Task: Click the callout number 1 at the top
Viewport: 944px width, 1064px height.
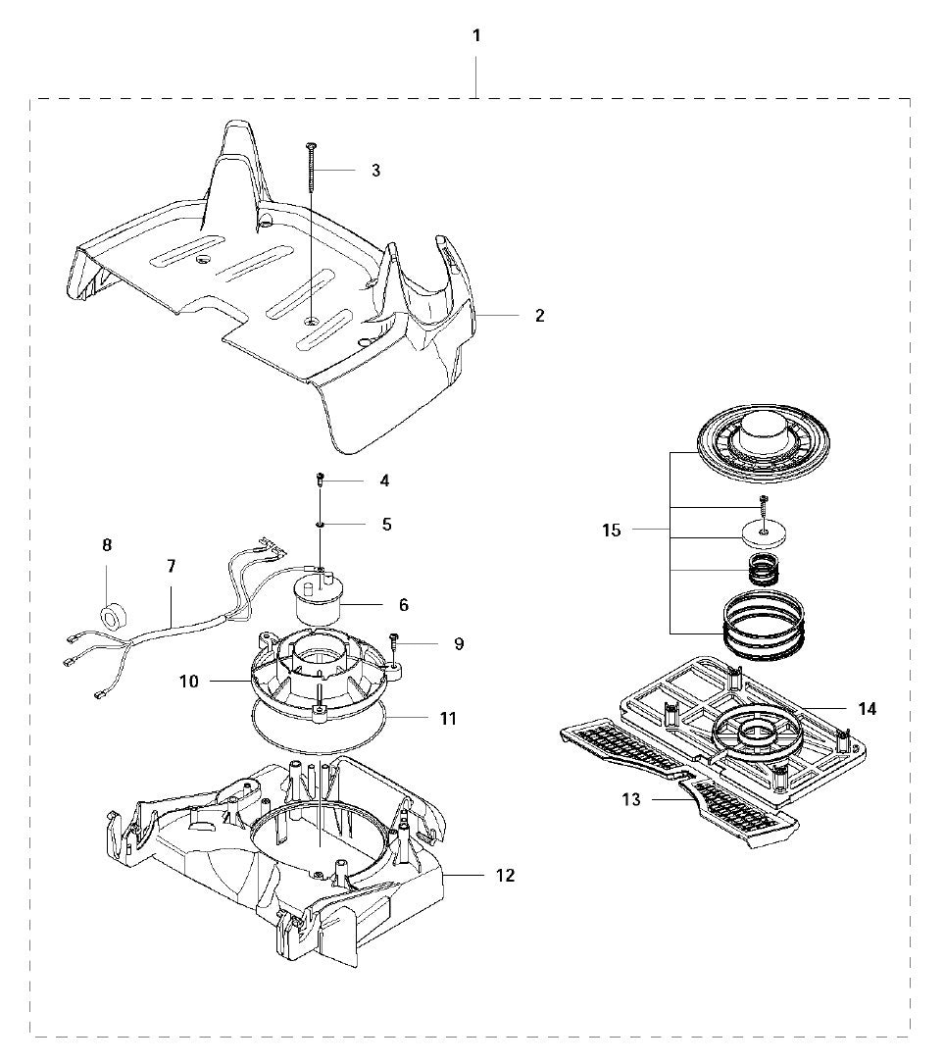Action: click(476, 36)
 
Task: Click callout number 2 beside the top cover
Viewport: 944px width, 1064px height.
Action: click(539, 316)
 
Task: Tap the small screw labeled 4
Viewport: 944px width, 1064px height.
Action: click(321, 481)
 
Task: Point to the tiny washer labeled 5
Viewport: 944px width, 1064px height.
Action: click(321, 525)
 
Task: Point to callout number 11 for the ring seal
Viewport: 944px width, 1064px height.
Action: click(448, 718)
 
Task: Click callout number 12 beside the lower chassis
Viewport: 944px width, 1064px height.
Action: click(504, 875)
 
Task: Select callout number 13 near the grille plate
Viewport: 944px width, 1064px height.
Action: click(631, 800)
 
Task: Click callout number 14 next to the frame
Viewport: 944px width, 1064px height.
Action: click(867, 708)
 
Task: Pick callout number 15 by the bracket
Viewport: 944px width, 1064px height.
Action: click(612, 531)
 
